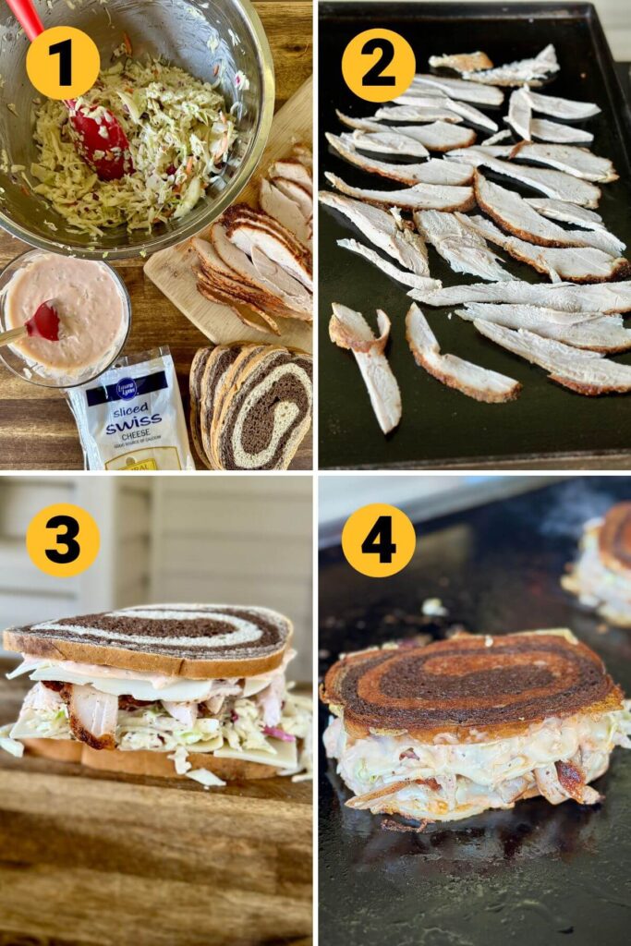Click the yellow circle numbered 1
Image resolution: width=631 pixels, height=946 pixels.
(63, 63)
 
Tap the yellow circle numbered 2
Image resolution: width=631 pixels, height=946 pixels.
(378, 66)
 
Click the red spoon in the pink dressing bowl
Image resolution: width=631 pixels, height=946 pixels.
(43, 322)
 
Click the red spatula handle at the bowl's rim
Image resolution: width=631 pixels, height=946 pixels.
(26, 17)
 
